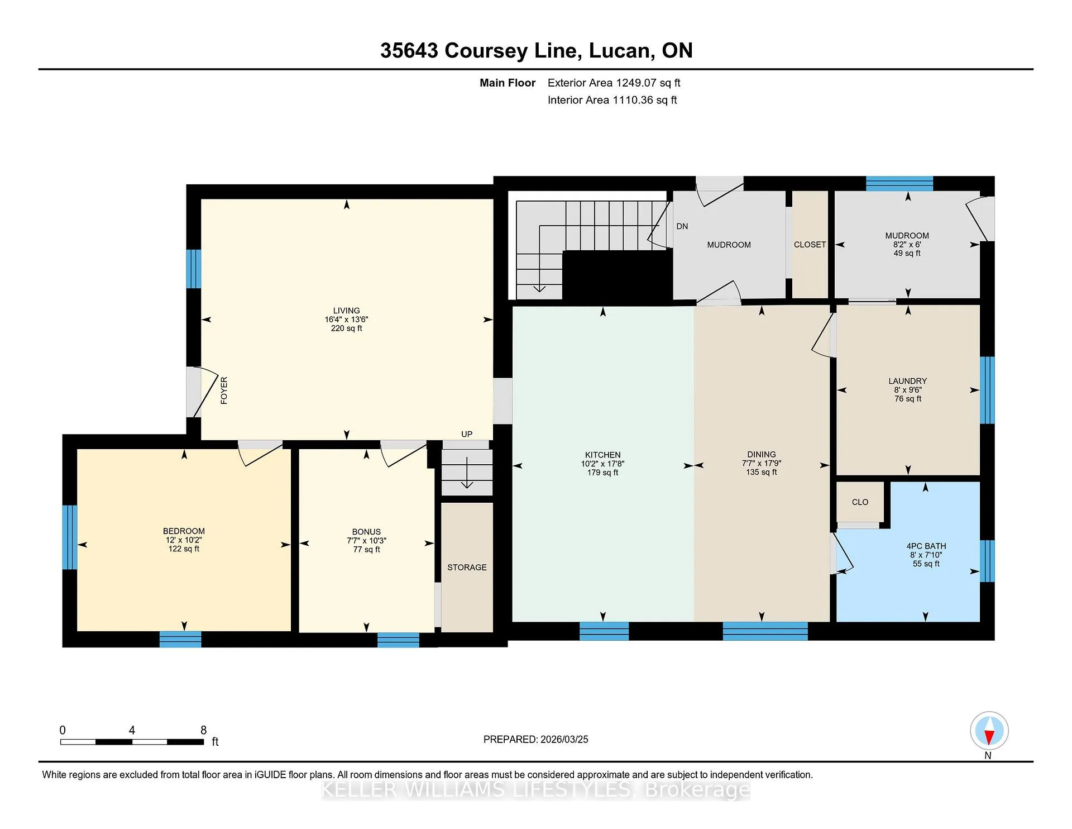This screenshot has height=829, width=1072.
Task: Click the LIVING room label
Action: pyautogui.click(x=346, y=311)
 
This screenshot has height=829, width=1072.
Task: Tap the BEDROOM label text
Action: pyautogui.click(x=184, y=531)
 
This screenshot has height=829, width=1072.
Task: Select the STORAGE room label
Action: pyautogui.click(x=467, y=568)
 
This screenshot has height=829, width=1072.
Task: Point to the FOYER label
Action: pyautogui.click(x=224, y=390)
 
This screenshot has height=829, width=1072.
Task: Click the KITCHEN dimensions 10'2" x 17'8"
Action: pyautogui.click(x=602, y=464)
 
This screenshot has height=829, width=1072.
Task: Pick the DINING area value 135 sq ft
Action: pyautogui.click(x=762, y=472)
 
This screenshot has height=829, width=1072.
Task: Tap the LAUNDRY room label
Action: pyautogui.click(x=908, y=381)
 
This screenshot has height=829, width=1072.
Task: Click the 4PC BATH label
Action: pyautogui.click(x=926, y=546)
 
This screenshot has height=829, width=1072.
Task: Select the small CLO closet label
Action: pyautogui.click(x=860, y=502)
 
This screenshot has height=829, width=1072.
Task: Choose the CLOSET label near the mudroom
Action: pyautogui.click(x=810, y=245)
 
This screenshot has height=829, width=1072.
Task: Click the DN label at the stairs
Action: pyautogui.click(x=682, y=226)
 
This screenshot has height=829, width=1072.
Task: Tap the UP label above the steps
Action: pyautogui.click(x=467, y=434)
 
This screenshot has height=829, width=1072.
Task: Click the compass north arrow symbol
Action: pyautogui.click(x=989, y=731)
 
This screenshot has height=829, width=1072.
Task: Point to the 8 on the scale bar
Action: pyautogui.click(x=203, y=730)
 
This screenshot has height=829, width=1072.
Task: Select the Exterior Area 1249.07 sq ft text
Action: pyautogui.click(x=614, y=83)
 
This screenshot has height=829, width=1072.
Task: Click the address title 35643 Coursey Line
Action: pyautogui.click(x=478, y=51)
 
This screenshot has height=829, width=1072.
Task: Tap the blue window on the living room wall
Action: pyautogui.click(x=193, y=269)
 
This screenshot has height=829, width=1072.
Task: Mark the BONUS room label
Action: pyautogui.click(x=366, y=532)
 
